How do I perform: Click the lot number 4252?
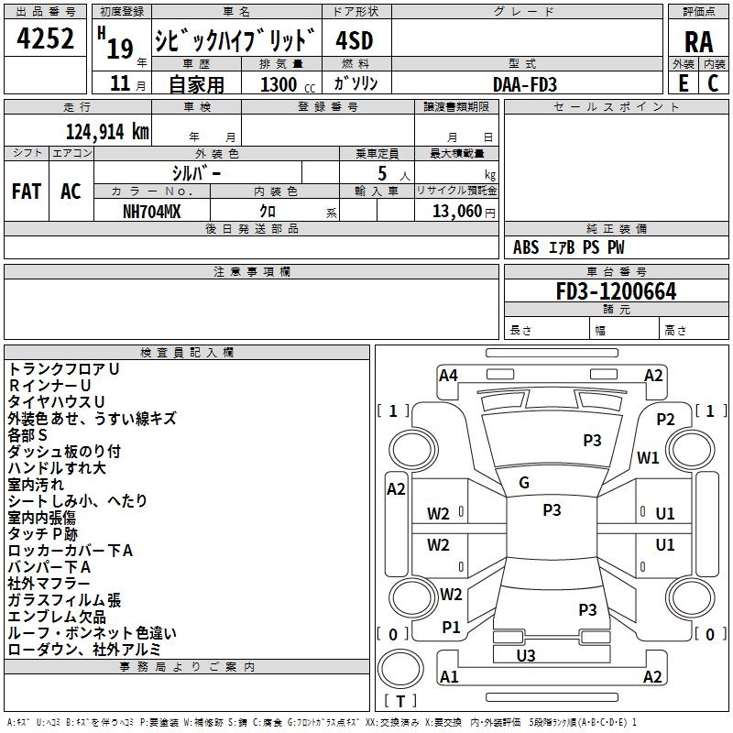tap(46, 39)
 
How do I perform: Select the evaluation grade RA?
tap(698, 42)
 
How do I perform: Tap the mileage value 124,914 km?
tap(107, 132)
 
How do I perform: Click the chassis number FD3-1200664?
tap(616, 291)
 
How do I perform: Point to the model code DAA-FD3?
tap(525, 84)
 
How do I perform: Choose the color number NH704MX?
tap(152, 212)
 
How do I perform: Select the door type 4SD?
tap(355, 40)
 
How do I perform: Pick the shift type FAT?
tap(26, 191)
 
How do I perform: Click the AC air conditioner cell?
tap(71, 191)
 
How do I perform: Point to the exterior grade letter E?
tap(683, 83)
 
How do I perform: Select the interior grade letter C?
tap(713, 83)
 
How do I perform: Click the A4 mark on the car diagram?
tap(448, 375)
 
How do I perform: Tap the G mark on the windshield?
tap(524, 483)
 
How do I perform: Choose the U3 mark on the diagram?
tap(526, 655)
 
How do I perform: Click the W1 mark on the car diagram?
tap(649, 458)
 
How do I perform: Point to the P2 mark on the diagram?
tap(665, 419)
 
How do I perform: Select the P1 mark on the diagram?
tap(451, 627)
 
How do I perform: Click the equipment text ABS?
tap(526, 247)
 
